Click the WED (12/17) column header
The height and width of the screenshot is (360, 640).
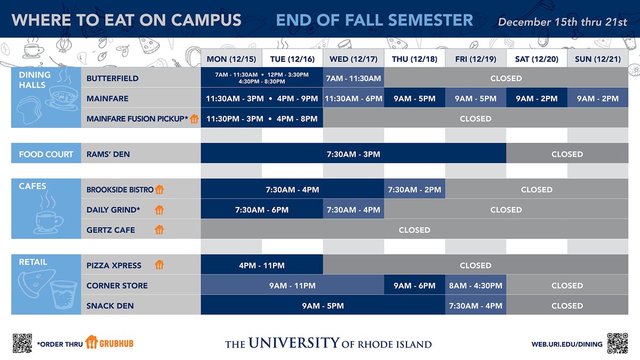(x=353, y=59)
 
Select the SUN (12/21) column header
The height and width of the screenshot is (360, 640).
(x=597, y=59)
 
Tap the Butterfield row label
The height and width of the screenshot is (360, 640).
(x=113, y=78)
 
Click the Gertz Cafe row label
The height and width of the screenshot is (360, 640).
(x=111, y=230)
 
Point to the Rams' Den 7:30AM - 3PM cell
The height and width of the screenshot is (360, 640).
(x=353, y=154)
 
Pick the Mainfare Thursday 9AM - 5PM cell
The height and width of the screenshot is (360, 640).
(x=414, y=99)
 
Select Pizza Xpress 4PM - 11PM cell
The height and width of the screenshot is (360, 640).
(x=262, y=265)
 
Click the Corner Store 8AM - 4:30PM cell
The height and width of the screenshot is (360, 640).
(x=476, y=285)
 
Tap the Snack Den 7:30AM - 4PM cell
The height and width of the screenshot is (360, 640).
(x=476, y=306)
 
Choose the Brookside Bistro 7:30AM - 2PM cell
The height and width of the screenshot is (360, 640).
(x=414, y=189)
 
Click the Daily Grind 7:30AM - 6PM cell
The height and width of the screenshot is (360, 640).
(x=262, y=210)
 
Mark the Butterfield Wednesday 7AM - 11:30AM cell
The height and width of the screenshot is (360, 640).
(x=353, y=78)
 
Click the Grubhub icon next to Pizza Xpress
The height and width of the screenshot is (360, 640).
(x=159, y=265)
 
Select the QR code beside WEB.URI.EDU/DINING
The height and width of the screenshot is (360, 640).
(x=617, y=343)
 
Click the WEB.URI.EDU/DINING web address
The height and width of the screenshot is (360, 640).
(x=566, y=344)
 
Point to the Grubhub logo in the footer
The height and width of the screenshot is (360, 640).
(x=109, y=342)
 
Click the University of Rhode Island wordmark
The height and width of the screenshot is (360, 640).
(x=328, y=343)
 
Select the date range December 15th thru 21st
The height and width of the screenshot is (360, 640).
(x=562, y=22)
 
